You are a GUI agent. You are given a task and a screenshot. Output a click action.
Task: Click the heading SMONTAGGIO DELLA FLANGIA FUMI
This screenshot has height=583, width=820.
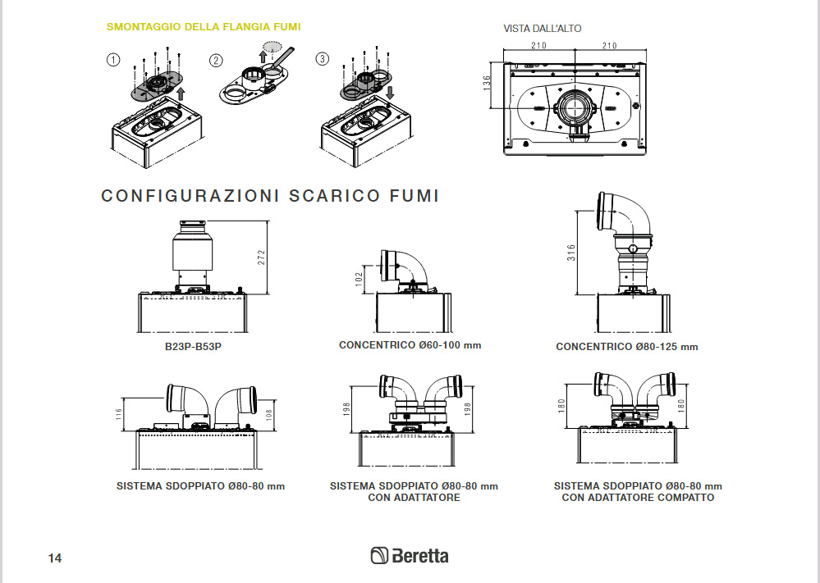click(204, 27)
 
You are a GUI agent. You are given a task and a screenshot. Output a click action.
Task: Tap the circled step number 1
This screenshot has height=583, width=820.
click(113, 59)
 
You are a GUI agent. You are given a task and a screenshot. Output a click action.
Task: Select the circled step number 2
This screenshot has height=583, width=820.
click(216, 59)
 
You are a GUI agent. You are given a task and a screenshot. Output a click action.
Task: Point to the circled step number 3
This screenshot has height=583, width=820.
click(323, 59)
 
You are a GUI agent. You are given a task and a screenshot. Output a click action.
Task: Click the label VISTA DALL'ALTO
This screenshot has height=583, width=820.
click(542, 29)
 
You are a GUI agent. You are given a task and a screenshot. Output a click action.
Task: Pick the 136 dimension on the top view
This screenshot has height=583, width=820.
click(487, 84)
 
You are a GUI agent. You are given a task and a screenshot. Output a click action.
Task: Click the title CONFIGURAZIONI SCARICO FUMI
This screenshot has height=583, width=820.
click(270, 196)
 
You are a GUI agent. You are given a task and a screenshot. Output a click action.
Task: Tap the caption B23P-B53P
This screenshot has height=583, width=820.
click(193, 346)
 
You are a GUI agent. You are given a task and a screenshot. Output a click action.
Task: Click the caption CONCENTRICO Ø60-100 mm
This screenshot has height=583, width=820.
click(410, 345)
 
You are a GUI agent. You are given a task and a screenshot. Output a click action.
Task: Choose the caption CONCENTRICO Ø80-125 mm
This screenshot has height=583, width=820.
click(626, 347)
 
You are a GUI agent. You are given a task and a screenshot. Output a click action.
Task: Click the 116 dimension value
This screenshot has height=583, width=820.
click(119, 415)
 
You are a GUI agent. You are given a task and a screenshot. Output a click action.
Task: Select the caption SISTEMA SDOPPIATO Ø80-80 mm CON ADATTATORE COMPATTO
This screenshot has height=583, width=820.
click(638, 492)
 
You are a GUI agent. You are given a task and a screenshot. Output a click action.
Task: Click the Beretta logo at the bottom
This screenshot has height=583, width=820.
click(410, 556)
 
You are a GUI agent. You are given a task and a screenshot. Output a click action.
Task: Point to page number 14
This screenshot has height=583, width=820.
click(55, 558)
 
